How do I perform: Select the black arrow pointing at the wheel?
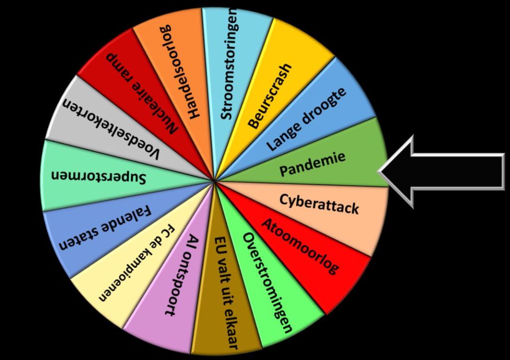[x=448, y=171]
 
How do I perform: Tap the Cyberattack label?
[x=319, y=203]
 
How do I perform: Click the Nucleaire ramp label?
[x=141, y=93]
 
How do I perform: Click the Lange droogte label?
[x=306, y=122]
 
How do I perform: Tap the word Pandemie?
[x=312, y=164]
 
